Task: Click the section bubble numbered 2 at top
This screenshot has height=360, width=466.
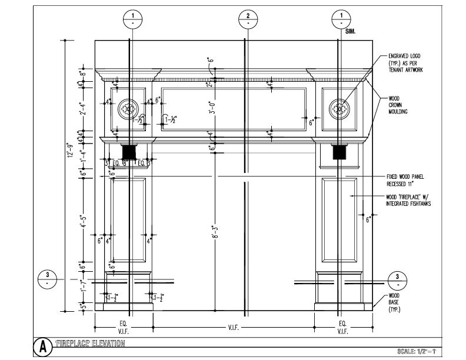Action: [x=248, y=19]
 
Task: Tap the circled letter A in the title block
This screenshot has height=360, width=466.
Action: [x=43, y=345]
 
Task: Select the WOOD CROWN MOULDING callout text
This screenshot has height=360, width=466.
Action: [x=398, y=105]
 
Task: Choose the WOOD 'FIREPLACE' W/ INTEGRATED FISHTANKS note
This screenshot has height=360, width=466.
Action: [x=408, y=200]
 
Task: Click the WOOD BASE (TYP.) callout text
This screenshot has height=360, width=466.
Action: [x=395, y=302]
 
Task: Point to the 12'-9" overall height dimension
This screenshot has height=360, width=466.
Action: [x=69, y=154]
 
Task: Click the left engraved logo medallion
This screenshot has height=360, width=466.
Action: [x=128, y=108]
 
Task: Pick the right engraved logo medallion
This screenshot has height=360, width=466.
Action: [x=338, y=108]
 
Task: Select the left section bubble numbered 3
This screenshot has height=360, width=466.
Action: [x=47, y=279]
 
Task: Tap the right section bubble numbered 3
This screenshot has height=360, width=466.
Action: [x=398, y=279]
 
